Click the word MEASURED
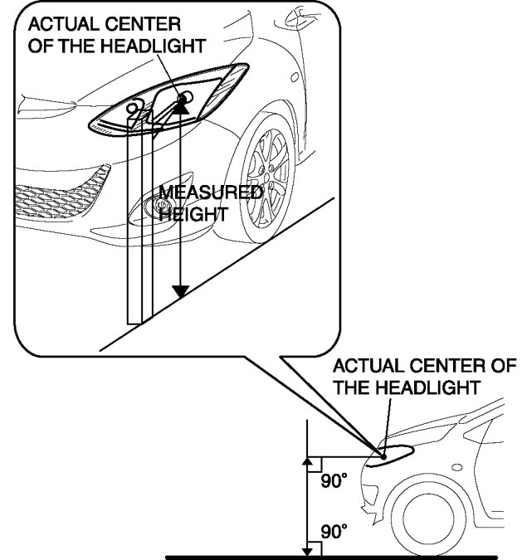(211, 193)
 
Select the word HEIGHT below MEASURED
(193, 212)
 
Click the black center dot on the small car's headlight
(383, 455)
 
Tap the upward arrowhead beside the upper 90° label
(308, 459)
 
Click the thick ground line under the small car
(332, 557)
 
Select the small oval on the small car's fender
(457, 466)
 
